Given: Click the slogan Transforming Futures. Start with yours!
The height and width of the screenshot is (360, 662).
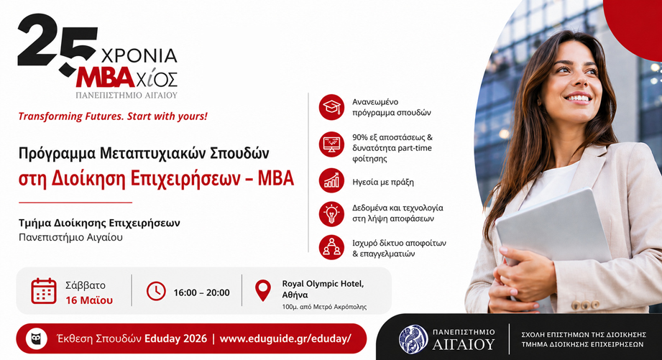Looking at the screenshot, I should pos(113,116).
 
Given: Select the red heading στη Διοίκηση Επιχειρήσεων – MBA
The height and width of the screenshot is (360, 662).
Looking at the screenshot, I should pos(156,178).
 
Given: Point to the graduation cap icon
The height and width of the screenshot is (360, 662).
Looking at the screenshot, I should pos(331,107).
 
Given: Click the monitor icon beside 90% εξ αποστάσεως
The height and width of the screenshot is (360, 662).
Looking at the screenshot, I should pos(331,144).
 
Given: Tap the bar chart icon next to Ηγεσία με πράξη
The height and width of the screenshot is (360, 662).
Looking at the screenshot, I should pos(331,181).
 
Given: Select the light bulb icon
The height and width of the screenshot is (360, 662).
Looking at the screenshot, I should pos(331,213).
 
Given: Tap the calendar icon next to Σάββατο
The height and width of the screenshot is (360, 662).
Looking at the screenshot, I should pos(44,291).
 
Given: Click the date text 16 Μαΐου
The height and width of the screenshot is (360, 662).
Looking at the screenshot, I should pos(89,300).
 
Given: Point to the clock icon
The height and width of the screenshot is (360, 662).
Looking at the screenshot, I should pos(156,291).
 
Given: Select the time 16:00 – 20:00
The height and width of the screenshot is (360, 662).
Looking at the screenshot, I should pos(201,292).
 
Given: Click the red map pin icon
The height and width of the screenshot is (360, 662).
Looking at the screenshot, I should pos(264,290).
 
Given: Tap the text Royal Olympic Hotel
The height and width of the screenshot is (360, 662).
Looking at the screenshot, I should pos(323,283).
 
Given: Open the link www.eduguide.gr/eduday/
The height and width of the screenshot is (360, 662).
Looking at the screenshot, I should pos(285,338).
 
